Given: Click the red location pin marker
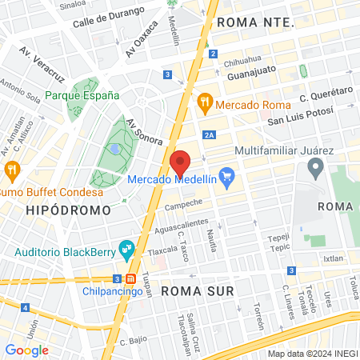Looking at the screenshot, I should pos(180,163).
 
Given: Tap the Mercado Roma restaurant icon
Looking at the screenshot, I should pos(205,102).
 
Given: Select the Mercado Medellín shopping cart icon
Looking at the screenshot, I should pos(227,178).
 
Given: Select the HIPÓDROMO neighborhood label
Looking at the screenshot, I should pos(67,210).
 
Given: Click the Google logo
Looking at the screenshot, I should pos(26,350).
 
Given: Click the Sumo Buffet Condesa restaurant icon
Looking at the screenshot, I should pos(11,170).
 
